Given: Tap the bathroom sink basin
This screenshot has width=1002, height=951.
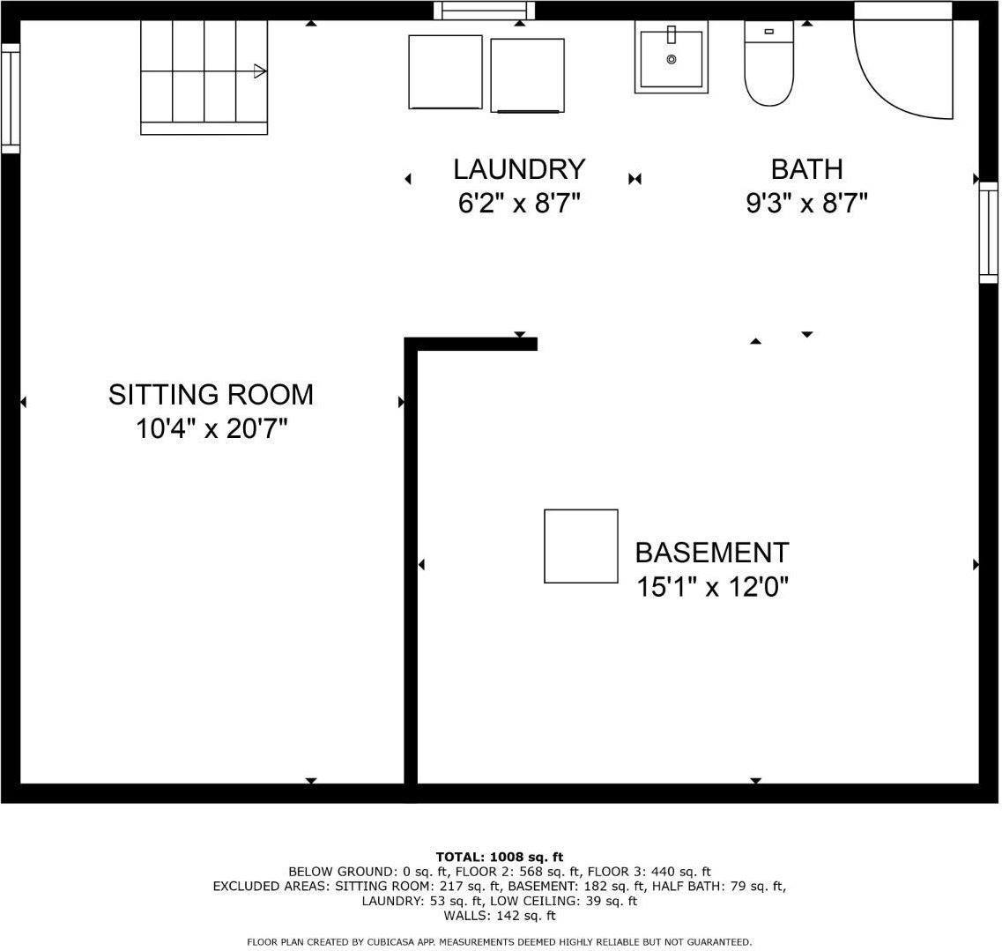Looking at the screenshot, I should click(x=672, y=57).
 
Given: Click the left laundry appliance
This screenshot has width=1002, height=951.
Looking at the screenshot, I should click(x=445, y=72).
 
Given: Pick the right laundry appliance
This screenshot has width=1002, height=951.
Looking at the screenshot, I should click(x=527, y=76).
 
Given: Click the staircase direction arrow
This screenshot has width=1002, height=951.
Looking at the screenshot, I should click(x=259, y=71).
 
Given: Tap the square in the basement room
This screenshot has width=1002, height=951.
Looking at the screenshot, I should click(x=581, y=546).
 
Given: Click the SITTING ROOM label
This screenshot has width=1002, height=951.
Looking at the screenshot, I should click(x=211, y=395).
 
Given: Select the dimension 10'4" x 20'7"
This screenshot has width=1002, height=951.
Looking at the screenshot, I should click(x=212, y=430).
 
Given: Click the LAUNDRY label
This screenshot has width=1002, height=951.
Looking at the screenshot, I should click(x=519, y=169).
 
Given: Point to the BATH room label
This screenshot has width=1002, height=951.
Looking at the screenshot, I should click(x=806, y=169).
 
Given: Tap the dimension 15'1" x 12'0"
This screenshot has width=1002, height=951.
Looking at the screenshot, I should click(x=712, y=587).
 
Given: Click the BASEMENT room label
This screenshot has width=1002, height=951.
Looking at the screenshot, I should click(x=712, y=553).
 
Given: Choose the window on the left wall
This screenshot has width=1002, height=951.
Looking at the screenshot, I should click(x=10, y=98).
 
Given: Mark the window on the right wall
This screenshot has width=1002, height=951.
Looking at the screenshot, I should click(x=989, y=233).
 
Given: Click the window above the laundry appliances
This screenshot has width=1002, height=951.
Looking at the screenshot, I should click(x=485, y=10).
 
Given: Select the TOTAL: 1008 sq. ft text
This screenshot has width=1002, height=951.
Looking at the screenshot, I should click(x=500, y=857).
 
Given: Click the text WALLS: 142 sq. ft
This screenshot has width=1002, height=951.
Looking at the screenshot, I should click(x=500, y=917).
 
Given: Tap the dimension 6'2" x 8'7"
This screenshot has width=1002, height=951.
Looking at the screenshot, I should click(x=519, y=204).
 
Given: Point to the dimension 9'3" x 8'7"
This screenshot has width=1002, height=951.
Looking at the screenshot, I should click(x=806, y=204).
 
